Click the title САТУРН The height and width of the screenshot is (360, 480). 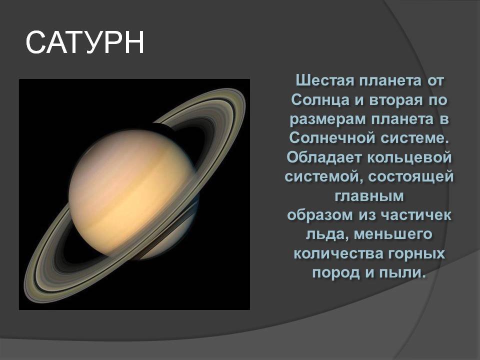(x=85, y=42)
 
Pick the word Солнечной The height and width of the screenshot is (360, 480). (x=332, y=138)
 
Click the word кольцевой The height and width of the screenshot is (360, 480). (x=409, y=157)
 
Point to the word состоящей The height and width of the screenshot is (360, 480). (x=411, y=177)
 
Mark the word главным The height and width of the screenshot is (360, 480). (x=369, y=196)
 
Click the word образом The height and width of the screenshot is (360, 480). (x=320, y=215)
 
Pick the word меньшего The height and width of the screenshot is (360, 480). (x=393, y=234)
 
